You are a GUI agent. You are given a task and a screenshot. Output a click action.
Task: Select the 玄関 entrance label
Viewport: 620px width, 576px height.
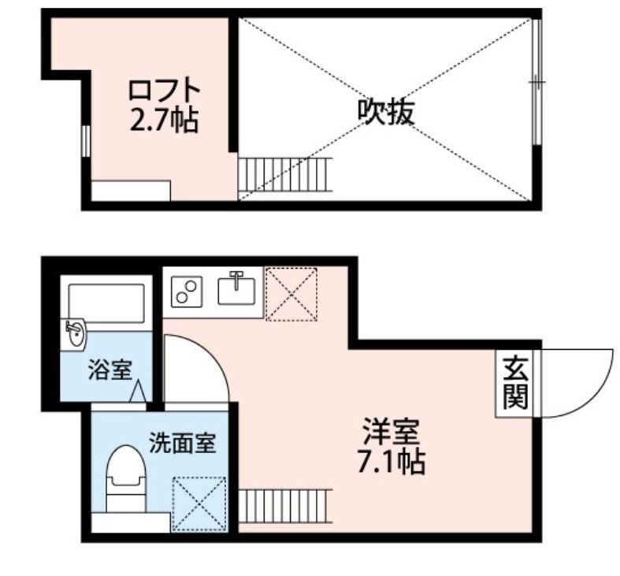[x=515, y=384]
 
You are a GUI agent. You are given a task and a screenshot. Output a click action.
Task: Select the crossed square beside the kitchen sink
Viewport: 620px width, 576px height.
[x=291, y=294]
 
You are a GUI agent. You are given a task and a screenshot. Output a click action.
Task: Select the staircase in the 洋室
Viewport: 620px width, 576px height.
[x=284, y=504]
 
